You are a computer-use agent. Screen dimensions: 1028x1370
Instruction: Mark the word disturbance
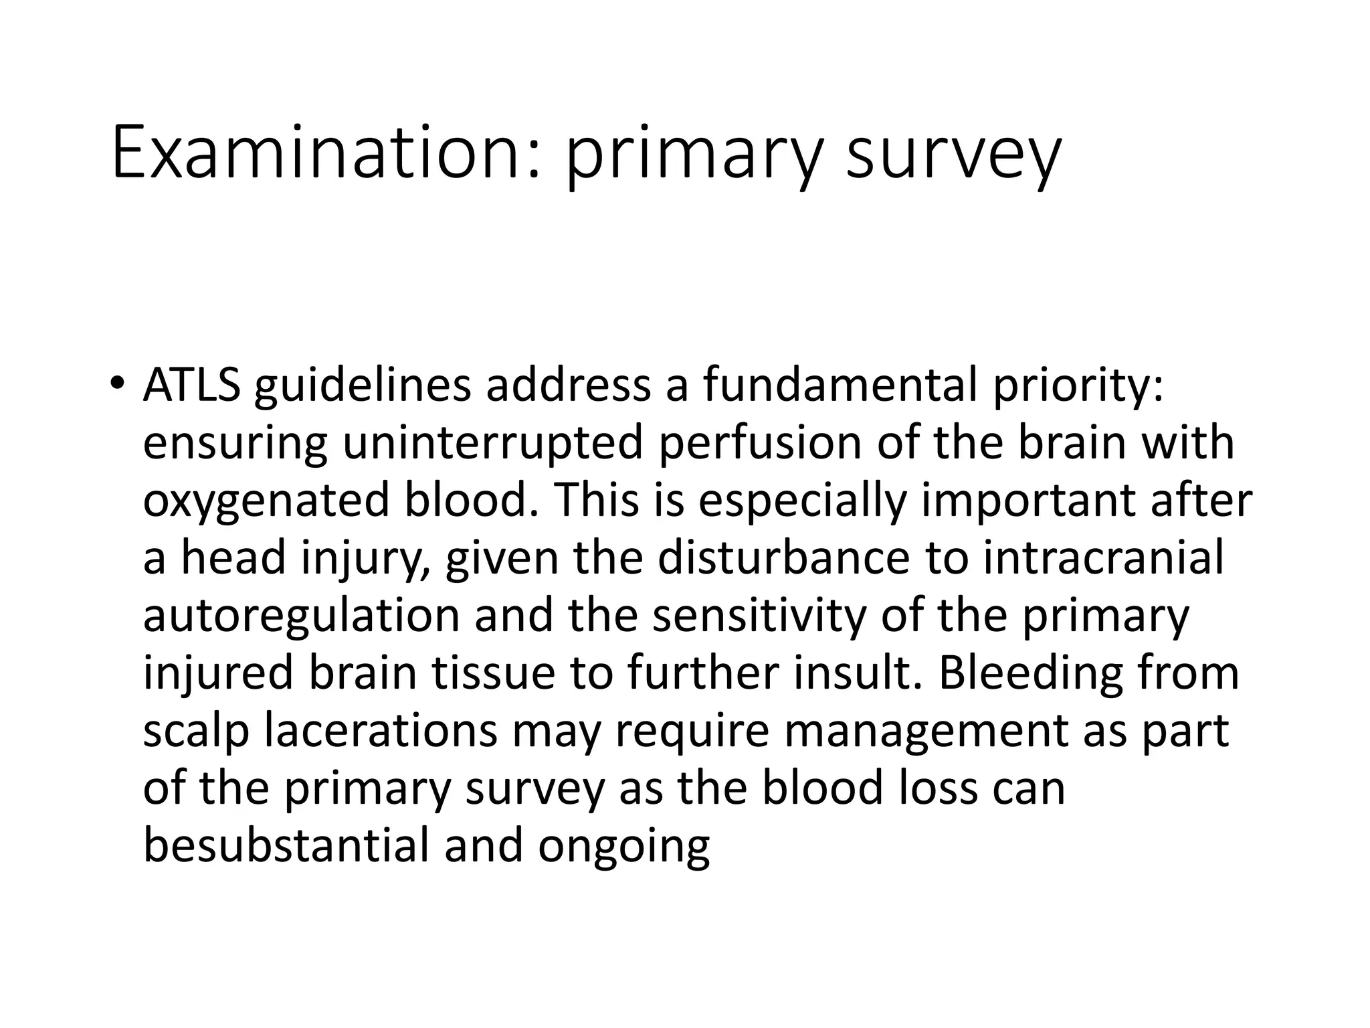(x=783, y=558)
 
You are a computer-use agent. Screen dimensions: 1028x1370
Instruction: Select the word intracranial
(x=1104, y=558)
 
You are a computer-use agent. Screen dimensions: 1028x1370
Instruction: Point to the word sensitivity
(x=759, y=616)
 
